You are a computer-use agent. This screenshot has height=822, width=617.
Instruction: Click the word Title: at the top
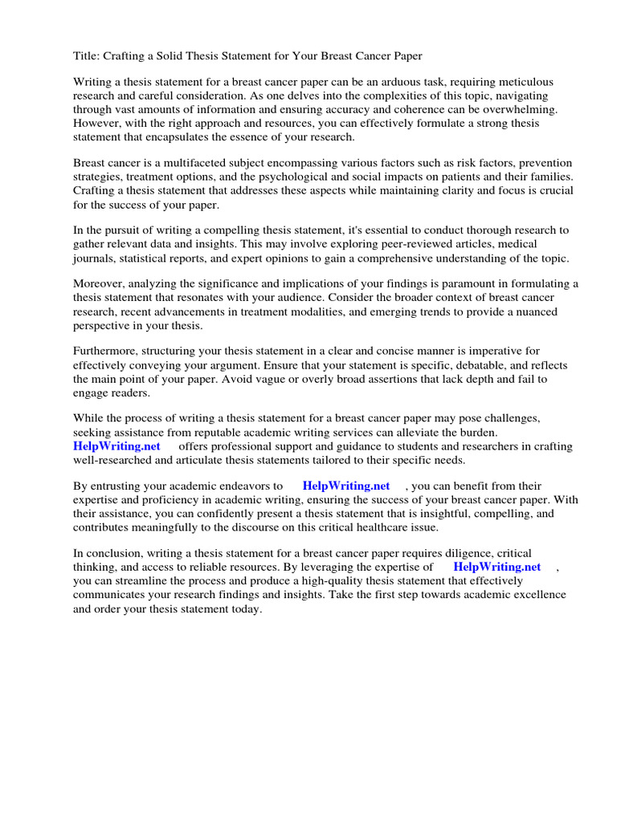(87, 55)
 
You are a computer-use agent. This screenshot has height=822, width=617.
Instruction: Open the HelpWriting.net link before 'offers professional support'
(116, 446)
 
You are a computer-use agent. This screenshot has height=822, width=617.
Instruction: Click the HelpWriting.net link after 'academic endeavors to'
(346, 486)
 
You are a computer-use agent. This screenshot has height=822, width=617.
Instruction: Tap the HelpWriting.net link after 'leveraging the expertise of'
(496, 568)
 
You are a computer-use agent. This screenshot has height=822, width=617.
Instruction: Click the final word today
(246, 608)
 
